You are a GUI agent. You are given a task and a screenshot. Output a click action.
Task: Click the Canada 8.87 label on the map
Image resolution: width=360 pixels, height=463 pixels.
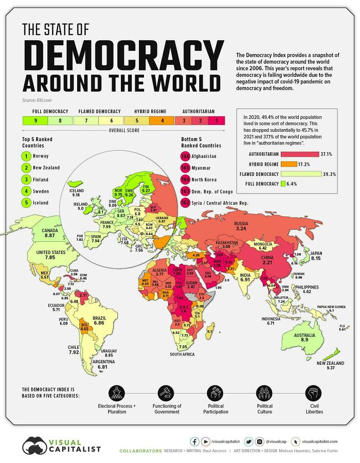[49, 232]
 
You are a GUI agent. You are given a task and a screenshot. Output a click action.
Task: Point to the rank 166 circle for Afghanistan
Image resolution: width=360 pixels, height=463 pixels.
[185, 155]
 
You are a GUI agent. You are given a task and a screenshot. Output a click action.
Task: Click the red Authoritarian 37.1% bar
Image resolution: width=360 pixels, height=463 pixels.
[282, 154]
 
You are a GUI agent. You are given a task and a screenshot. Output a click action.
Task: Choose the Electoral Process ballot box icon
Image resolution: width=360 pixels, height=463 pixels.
[117, 394]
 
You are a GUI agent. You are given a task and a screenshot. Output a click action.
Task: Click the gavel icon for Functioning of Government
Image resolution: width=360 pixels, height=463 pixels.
[167, 394]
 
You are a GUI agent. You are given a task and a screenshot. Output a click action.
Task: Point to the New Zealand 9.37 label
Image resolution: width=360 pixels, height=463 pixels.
[327, 365]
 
